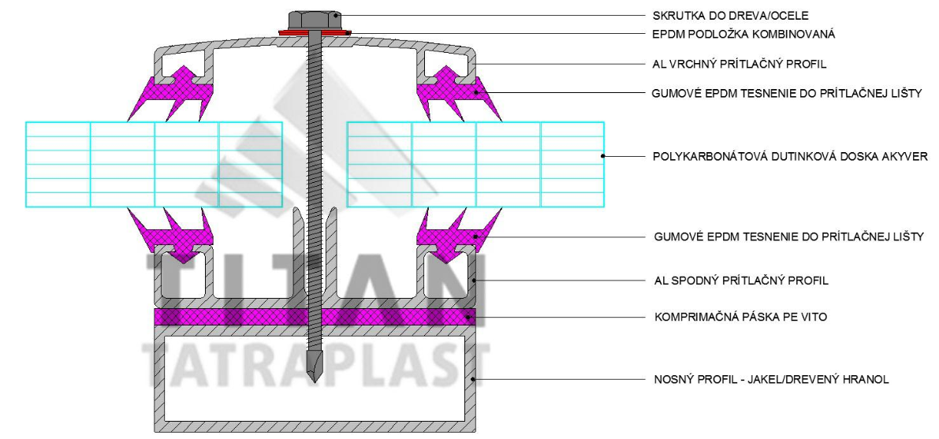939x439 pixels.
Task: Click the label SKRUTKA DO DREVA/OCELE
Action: coord(720,15)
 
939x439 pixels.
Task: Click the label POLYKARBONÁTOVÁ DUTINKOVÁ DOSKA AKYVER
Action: coord(790,156)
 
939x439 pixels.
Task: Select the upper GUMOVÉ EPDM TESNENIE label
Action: coord(788,93)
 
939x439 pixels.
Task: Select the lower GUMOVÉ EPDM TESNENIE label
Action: coord(788,236)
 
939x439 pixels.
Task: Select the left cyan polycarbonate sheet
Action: coord(154,164)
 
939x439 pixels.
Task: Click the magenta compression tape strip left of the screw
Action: coord(229,317)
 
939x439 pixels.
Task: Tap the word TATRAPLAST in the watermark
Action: coord(315,363)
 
